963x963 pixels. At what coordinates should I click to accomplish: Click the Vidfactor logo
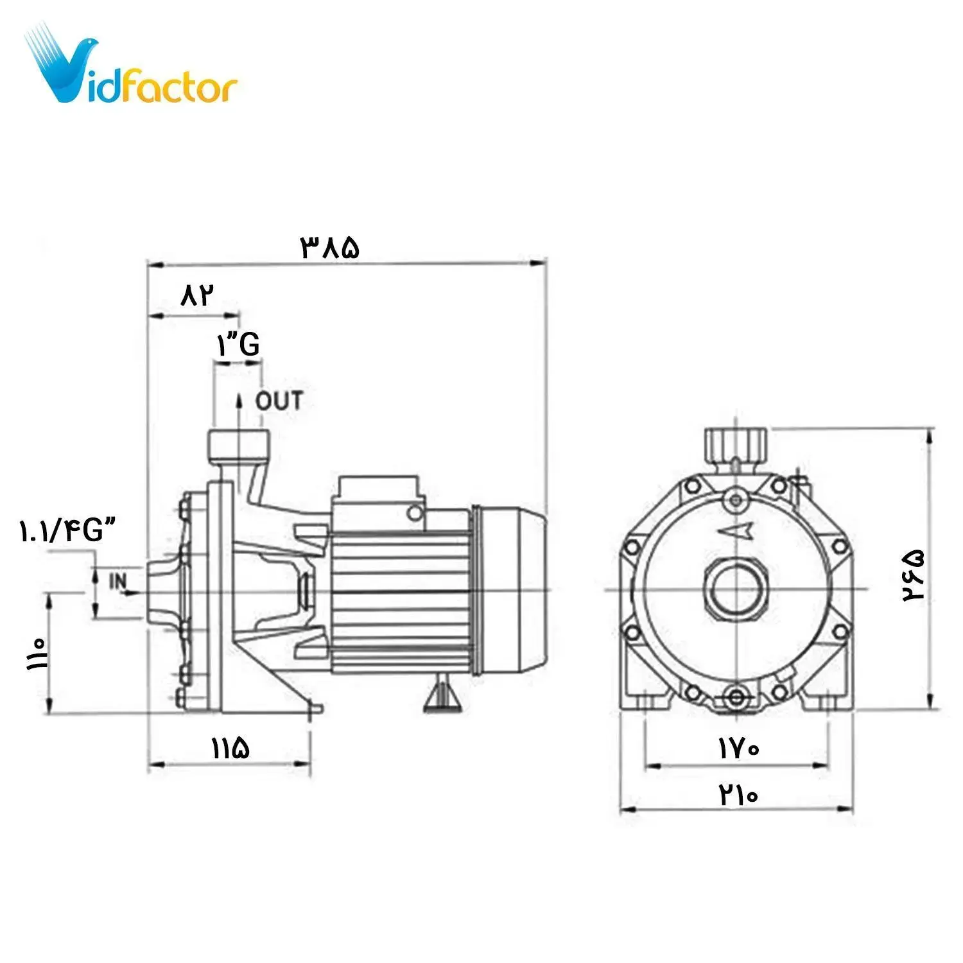132,67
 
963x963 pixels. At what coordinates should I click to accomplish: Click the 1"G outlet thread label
238,345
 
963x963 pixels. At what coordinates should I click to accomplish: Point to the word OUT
279,401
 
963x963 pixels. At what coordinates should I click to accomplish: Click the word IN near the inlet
118,582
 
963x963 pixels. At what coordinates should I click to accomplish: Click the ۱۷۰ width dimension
738,748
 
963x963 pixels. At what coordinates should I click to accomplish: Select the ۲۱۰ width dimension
738,795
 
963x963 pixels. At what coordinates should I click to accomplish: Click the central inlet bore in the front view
736,589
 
